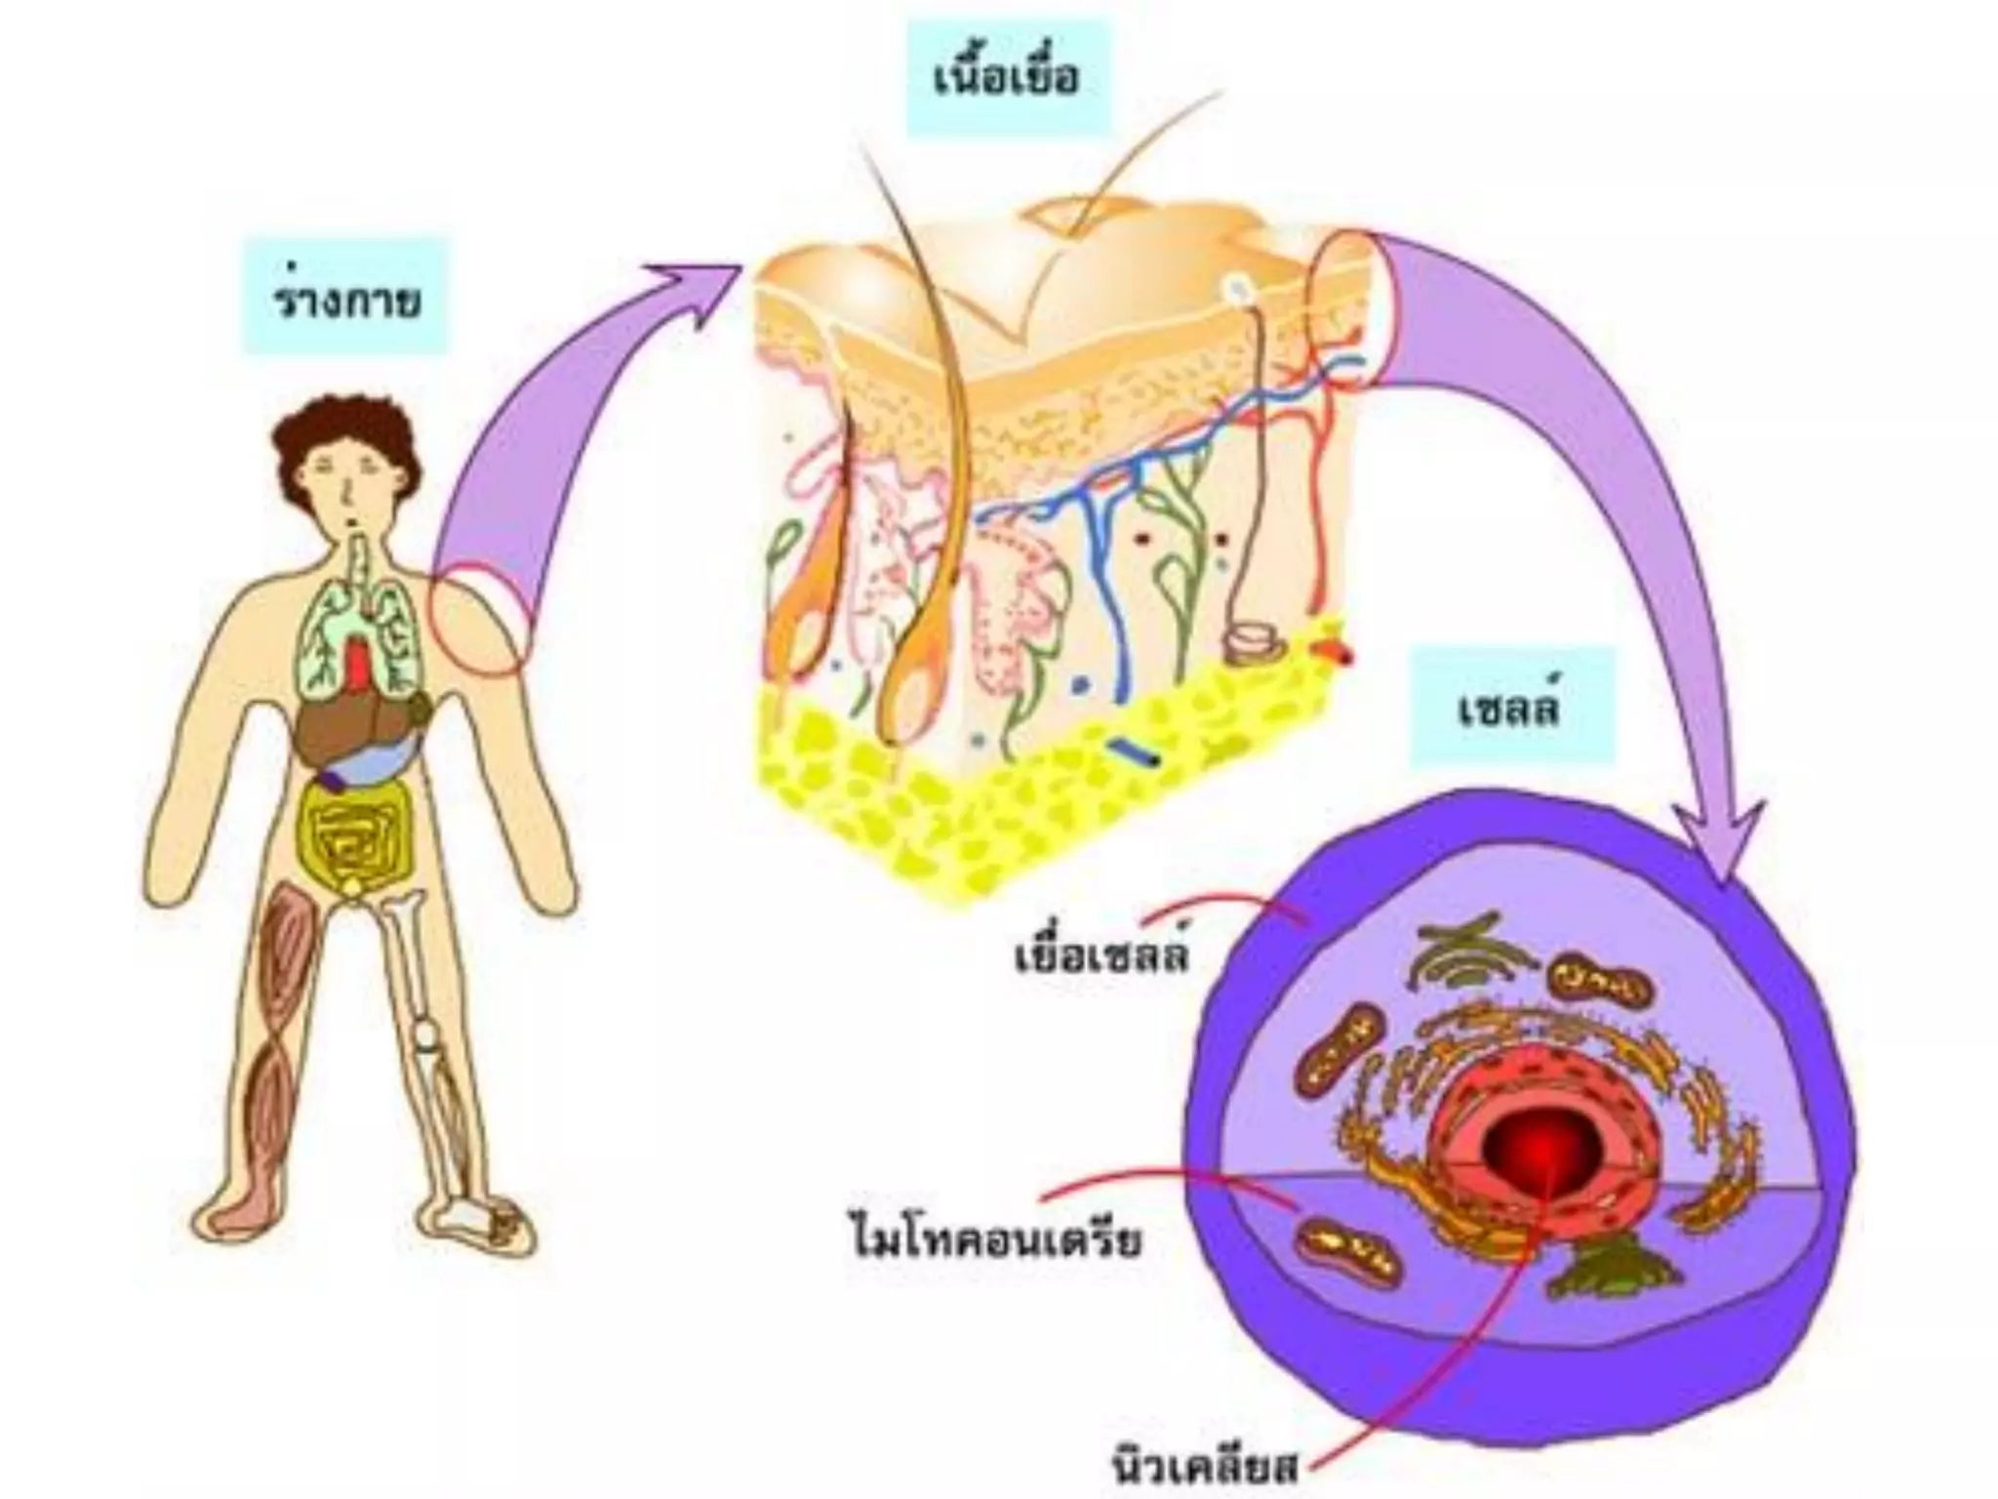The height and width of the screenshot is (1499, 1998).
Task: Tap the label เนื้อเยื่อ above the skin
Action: pyautogui.click(x=1007, y=77)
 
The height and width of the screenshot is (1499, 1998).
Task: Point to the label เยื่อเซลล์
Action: pyautogui.click(x=1102, y=955)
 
